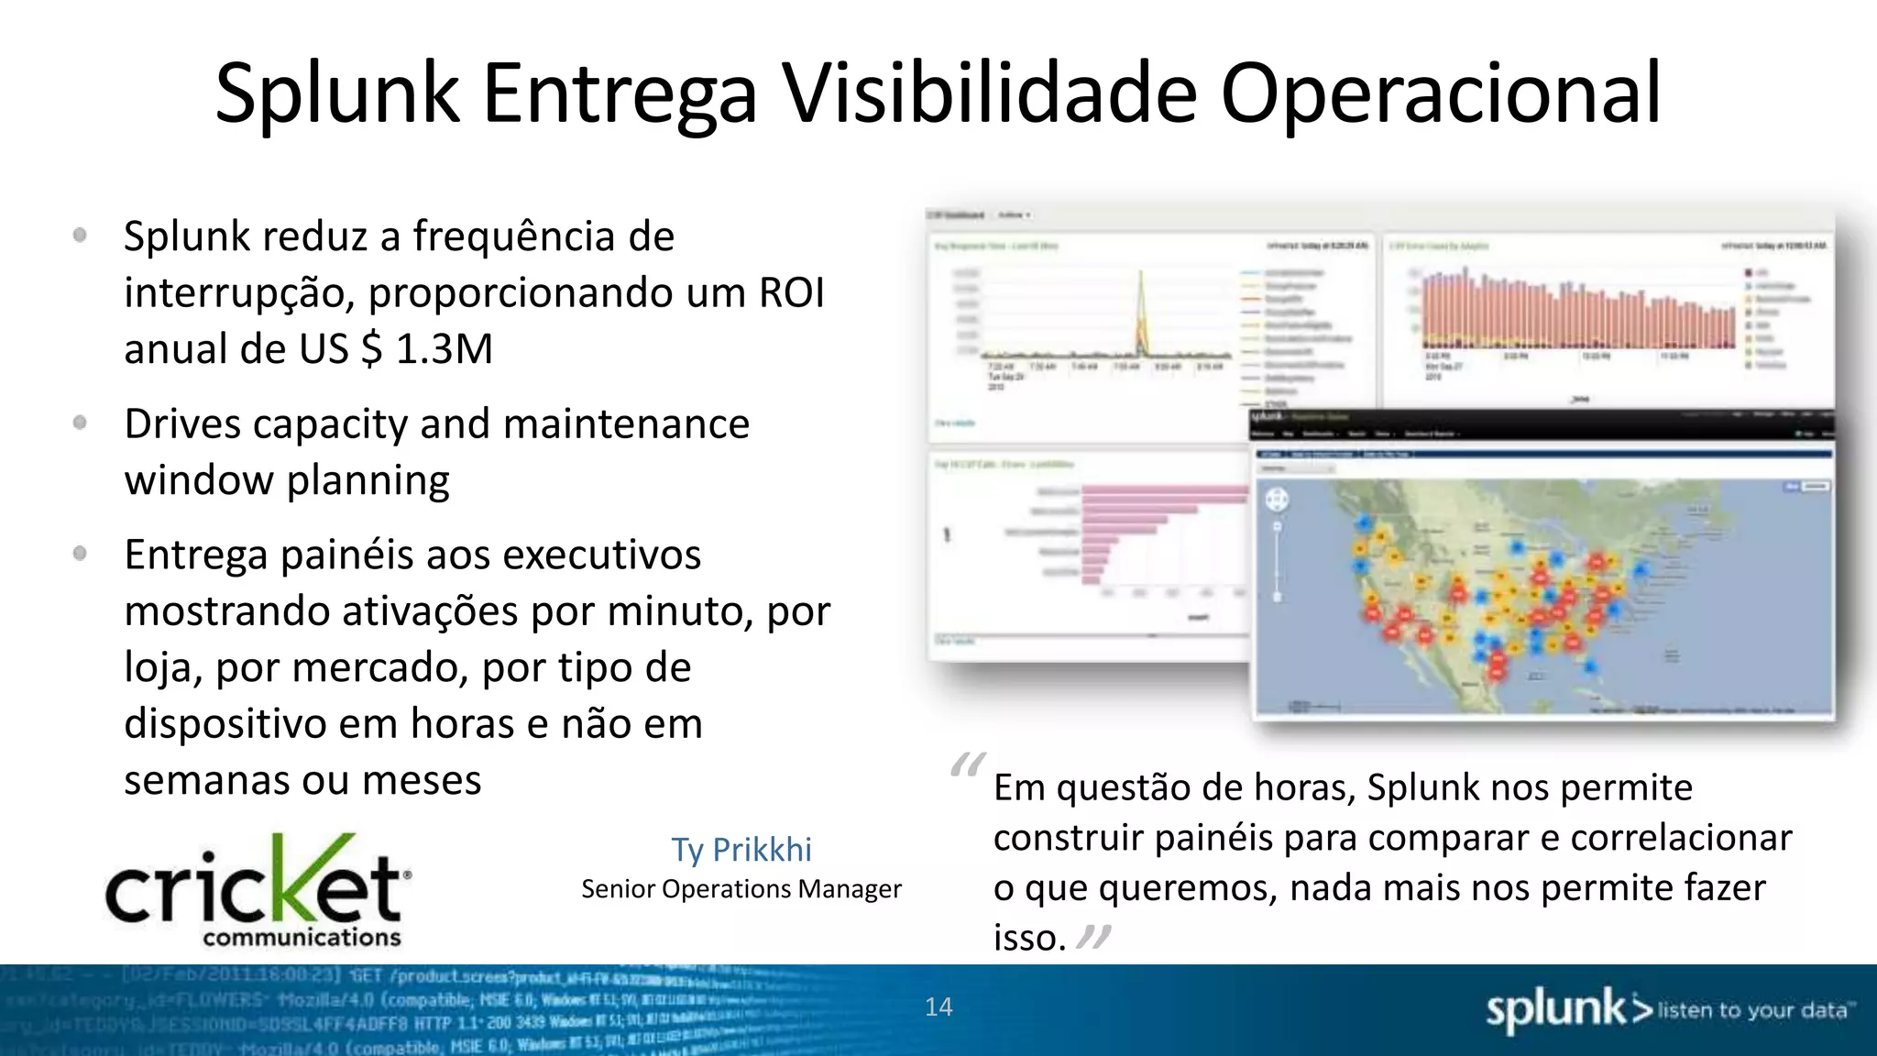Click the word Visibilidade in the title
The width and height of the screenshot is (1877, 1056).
tap(988, 93)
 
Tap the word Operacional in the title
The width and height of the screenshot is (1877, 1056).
tap(1440, 93)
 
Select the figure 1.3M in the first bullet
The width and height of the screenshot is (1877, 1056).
tap(445, 349)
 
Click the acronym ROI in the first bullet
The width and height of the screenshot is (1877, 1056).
tap(792, 293)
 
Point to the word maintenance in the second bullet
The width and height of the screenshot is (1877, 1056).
tap(626, 424)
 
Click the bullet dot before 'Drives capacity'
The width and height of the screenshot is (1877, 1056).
tap(81, 423)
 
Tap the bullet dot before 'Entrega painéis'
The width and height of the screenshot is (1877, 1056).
tap(81, 553)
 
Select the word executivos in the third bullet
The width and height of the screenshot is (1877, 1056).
tap(602, 555)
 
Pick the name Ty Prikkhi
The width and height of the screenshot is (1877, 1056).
tap(741, 850)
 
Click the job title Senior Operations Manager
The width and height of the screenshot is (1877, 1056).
tap(741, 889)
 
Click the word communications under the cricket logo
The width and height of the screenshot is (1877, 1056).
tap(302, 938)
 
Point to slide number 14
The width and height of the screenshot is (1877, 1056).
tap(938, 1007)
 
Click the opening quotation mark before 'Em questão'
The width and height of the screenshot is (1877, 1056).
tap(968, 764)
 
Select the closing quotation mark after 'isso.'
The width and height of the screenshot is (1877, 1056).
tap(1093, 937)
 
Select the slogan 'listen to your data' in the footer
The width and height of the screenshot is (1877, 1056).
tap(1752, 1010)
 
